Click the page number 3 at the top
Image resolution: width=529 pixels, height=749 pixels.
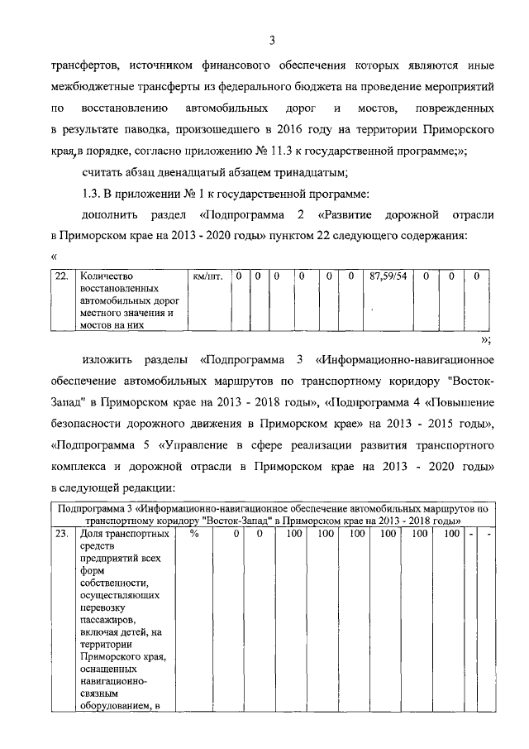pos(271,40)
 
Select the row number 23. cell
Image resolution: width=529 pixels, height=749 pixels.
pos(61,535)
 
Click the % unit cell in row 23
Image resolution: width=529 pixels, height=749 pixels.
pos(195,535)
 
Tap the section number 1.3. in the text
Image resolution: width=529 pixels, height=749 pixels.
pos(95,194)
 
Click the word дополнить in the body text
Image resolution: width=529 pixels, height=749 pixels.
pos(109,216)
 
